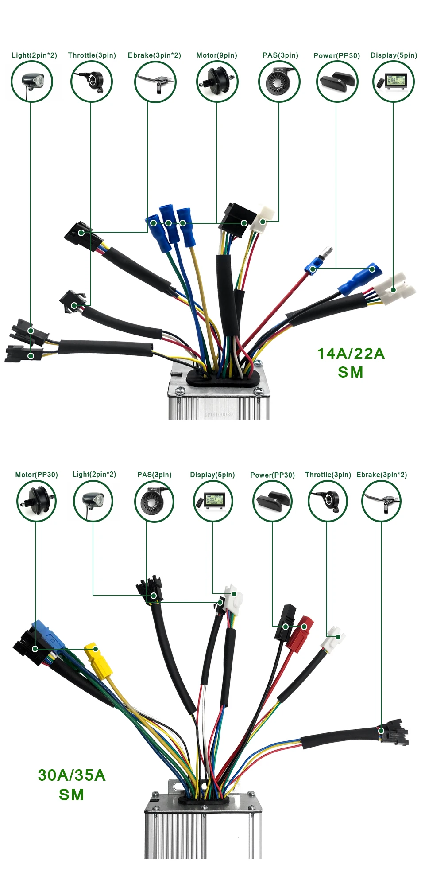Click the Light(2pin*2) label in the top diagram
[34, 55]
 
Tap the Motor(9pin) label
[216, 55]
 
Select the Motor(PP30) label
[36, 475]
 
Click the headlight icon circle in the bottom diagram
[93, 501]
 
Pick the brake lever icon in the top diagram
[155, 82]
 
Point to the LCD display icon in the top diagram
[394, 82]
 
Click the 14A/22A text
[351, 354]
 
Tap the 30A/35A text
[72, 775]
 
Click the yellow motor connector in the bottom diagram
[98, 660]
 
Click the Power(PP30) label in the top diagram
[336, 56]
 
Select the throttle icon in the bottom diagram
[328, 501]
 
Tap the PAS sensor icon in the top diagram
[279, 82]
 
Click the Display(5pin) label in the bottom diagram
[212, 475]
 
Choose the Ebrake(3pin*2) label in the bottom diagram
[381, 475]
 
